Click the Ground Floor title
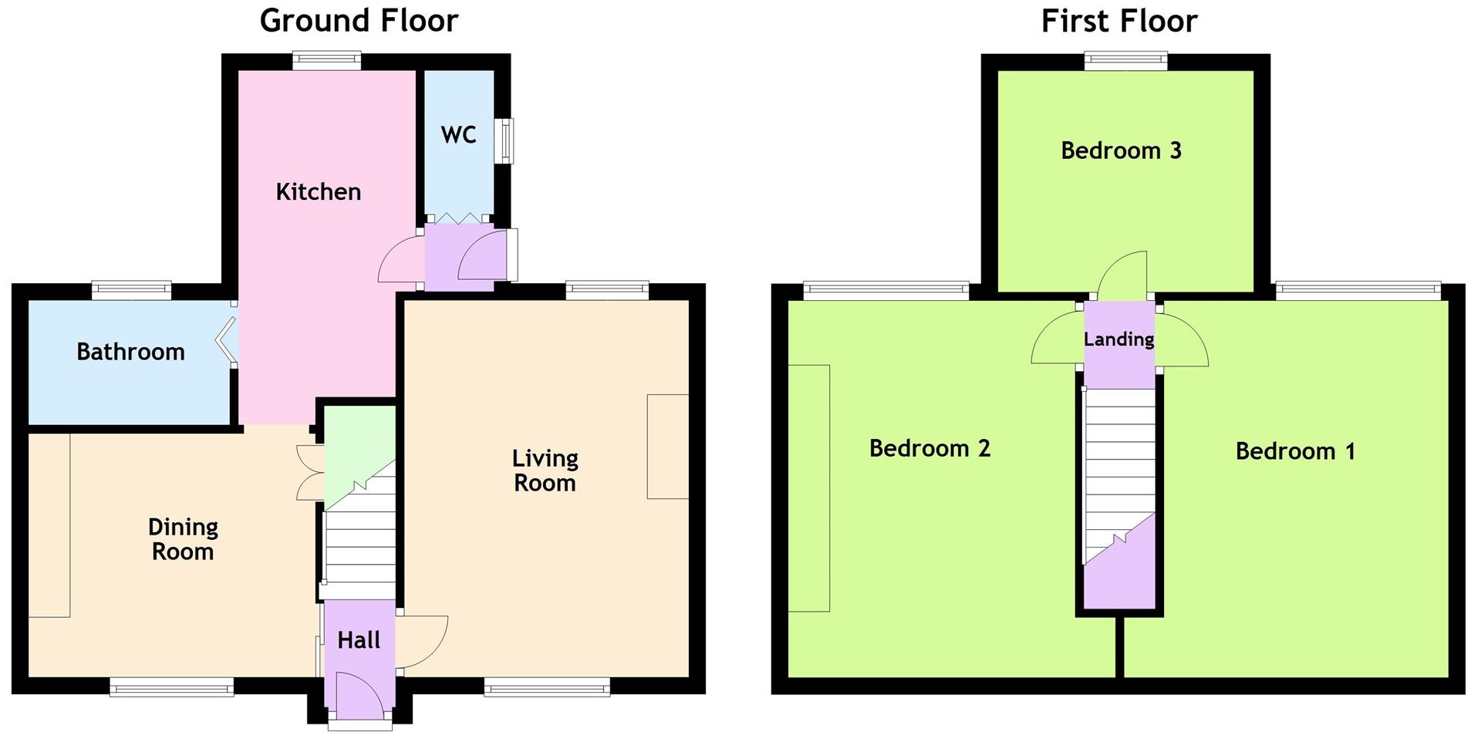pos(359,21)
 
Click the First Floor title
pos(1118,21)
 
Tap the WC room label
pos(458,135)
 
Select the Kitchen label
pos(319,192)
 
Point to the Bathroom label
pos(130,353)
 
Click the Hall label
pos(359,640)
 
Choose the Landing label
pos(1118,339)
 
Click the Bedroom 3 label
pos(1121,150)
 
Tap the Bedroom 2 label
pos(929,448)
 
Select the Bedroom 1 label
pos(1295,451)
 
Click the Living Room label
pos(545,471)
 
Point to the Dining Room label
pos(183,539)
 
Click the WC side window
pos(505,140)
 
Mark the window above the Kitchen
pos(327,60)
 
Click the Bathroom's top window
pos(131,291)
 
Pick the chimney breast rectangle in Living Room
pos(667,447)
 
